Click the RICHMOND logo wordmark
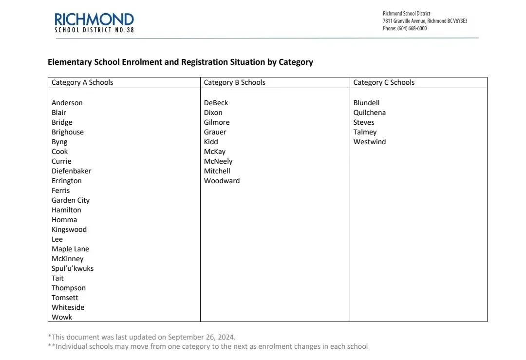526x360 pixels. pos(94,19)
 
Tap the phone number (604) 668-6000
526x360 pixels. pos(412,28)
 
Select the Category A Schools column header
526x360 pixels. pos(82,82)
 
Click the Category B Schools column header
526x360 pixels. pos(234,82)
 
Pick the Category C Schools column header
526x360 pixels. pos(384,82)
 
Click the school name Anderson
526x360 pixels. pos(67,103)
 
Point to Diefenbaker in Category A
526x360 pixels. pos(72,171)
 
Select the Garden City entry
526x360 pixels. pos(71,200)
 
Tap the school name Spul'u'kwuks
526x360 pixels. pos(73,268)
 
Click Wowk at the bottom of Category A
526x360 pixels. pos(62,317)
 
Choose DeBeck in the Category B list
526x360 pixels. pos(216,103)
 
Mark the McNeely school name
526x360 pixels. pos(218,161)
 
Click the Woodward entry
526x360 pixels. pos(222,181)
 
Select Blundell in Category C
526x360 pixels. pos(366,103)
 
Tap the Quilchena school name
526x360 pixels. pos(369,113)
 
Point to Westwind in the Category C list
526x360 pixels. pos(369,142)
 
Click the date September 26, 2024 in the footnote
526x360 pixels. pos(201,337)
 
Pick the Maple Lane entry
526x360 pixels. pos(70,249)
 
